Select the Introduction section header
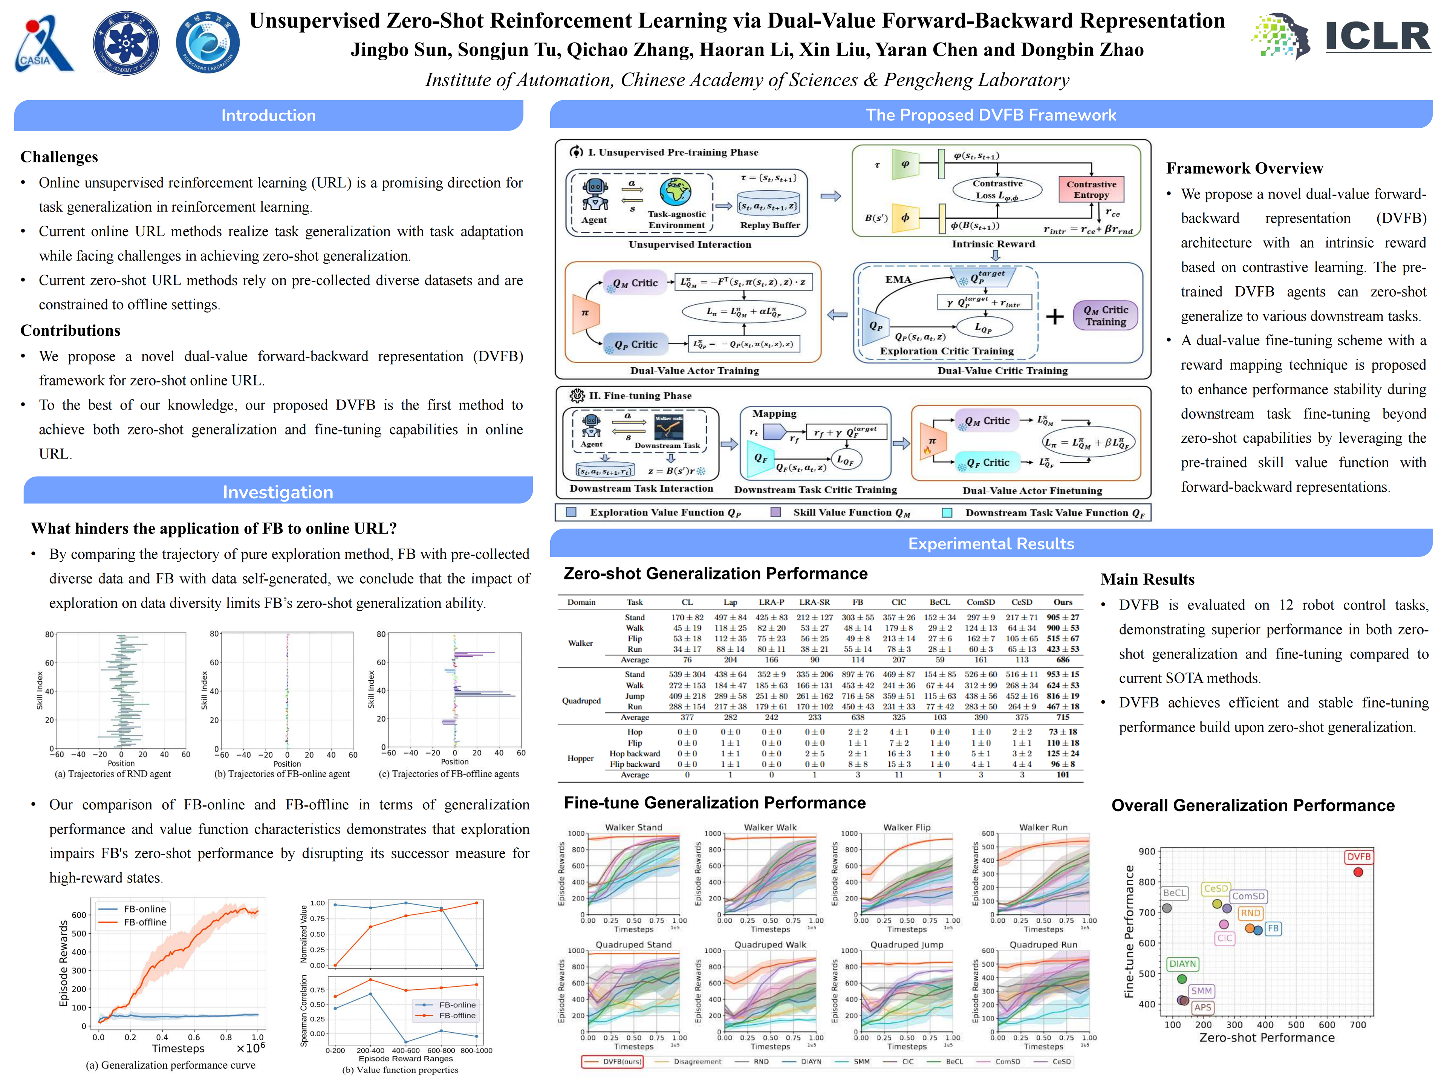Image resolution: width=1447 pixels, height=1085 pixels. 268,116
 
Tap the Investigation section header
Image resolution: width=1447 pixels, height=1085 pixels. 278,492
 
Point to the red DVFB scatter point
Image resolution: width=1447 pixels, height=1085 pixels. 1358,872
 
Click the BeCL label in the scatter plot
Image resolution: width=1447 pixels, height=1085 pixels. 1174,893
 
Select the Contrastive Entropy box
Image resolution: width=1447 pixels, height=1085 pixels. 1091,189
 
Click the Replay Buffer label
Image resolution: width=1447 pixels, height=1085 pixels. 770,225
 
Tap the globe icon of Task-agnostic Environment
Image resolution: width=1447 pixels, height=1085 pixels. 675,192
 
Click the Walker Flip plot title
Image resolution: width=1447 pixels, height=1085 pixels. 907,827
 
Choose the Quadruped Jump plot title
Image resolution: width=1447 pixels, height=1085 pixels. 907,944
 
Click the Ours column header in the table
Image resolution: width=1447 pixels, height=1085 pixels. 1062,602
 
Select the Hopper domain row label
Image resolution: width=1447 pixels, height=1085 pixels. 580,758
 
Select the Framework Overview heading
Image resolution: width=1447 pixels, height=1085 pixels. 1244,168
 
